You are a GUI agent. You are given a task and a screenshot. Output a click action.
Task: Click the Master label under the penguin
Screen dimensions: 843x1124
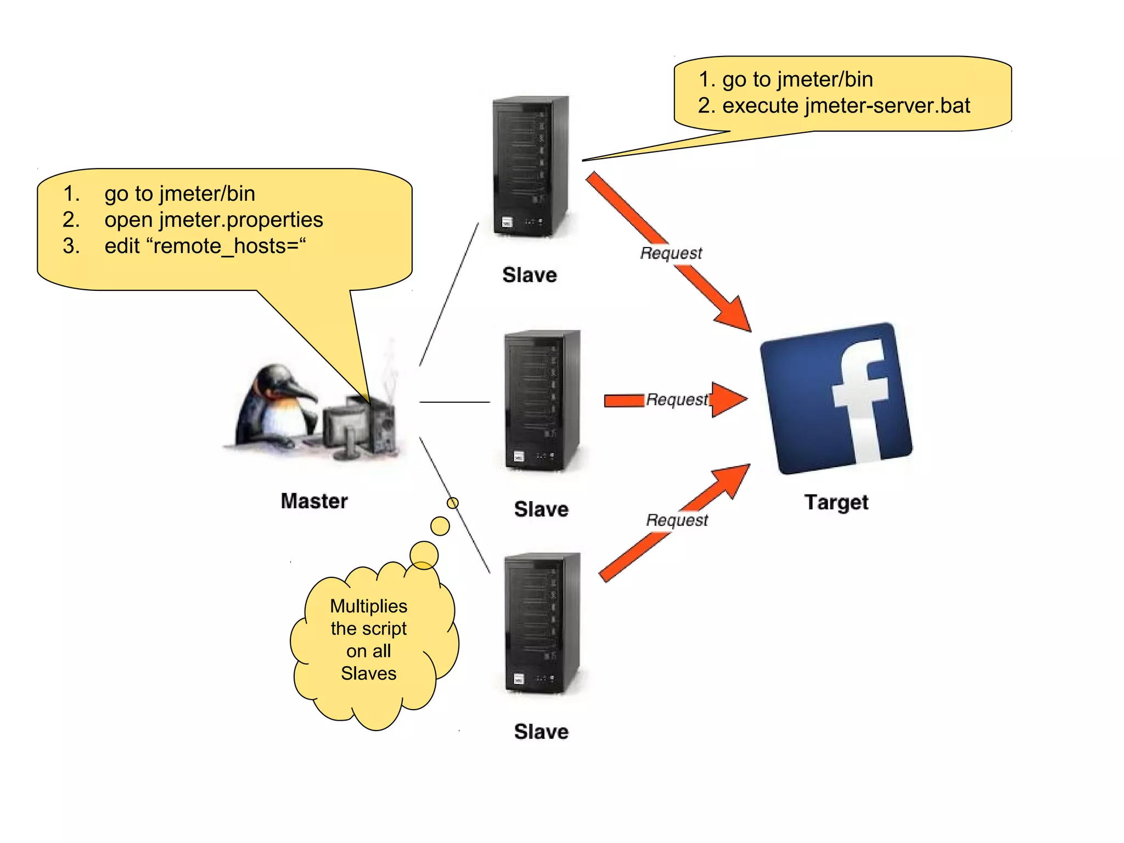[x=314, y=501]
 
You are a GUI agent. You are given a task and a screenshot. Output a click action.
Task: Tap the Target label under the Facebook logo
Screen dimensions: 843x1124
[x=836, y=502]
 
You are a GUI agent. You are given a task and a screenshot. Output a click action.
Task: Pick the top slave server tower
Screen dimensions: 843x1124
[x=530, y=167]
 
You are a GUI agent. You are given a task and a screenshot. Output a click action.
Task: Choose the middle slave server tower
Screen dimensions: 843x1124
[x=542, y=400]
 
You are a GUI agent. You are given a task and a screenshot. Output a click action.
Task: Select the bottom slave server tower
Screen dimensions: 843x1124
[x=542, y=623]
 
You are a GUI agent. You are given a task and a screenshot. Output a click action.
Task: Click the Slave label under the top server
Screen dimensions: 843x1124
[x=530, y=275]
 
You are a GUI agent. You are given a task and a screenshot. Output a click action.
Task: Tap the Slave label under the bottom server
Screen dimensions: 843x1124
[x=541, y=732]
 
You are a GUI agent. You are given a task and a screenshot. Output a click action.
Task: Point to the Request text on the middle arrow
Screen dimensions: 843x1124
[x=677, y=400]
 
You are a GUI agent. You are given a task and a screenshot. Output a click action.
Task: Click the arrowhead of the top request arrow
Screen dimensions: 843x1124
[x=735, y=315]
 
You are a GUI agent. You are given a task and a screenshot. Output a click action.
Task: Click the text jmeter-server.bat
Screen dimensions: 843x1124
[x=887, y=105]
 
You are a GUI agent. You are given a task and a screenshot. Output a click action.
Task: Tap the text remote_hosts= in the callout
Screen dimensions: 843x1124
[x=226, y=246]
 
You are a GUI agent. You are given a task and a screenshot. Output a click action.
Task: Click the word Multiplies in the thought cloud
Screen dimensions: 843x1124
[x=368, y=606]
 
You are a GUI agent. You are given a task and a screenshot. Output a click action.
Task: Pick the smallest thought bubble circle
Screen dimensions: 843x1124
[x=453, y=503]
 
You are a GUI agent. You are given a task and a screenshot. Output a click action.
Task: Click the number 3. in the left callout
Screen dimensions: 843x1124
[x=71, y=246]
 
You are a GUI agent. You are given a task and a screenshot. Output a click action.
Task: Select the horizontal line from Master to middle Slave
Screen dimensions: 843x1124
[x=454, y=402]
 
